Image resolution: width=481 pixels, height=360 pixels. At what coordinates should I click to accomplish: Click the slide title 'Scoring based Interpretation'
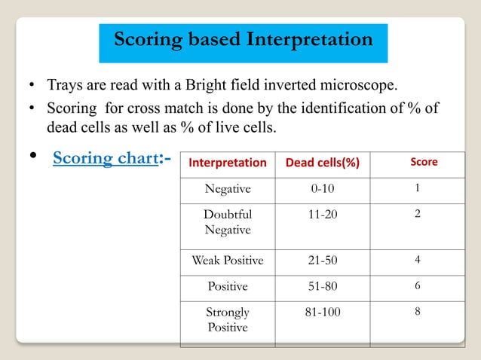pos(243,39)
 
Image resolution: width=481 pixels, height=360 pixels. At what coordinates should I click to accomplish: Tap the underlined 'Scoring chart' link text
pos(105,159)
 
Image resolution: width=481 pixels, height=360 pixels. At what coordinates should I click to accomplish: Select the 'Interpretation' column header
pos(228,162)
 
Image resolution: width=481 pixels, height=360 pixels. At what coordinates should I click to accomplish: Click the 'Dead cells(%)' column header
pos(322,162)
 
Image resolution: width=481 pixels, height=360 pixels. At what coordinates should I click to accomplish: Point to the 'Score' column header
pos(423,161)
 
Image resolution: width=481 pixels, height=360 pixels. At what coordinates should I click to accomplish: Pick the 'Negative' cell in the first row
pos(228,188)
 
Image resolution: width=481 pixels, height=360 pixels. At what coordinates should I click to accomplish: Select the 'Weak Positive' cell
pos(228,261)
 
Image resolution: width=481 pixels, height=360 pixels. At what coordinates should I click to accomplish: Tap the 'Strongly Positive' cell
pos(228,319)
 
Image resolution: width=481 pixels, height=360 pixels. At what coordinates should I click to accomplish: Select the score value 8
pos(418,310)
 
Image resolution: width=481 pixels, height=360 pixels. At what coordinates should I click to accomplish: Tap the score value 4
pos(418,260)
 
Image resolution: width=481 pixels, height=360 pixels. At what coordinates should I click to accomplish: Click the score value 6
pos(418,285)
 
